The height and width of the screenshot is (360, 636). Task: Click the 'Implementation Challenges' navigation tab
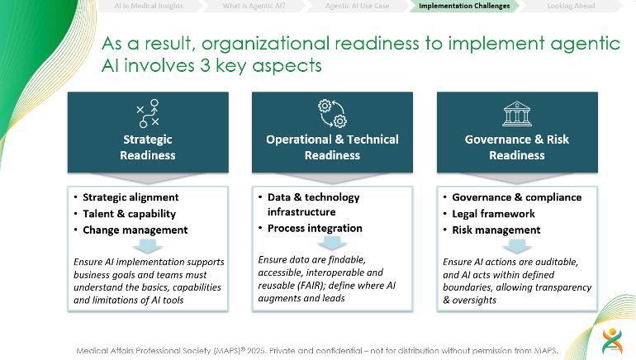464,6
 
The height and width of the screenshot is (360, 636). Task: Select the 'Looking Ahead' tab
571,6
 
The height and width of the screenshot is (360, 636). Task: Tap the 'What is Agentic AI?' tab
254,6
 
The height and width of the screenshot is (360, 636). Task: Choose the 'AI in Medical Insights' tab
149,6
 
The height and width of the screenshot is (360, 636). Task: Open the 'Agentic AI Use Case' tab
357,6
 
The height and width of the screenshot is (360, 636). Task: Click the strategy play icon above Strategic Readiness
148,113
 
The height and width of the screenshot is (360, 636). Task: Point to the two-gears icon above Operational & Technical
332,113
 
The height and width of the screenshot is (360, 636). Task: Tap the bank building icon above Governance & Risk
517,114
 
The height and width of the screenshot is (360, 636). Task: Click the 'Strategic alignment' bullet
131,197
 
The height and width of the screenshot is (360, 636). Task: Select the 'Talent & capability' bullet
130,214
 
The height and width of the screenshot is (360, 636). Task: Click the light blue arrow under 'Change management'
148,246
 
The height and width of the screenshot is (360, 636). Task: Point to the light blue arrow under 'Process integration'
332,243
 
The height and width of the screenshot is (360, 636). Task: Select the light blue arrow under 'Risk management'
517,246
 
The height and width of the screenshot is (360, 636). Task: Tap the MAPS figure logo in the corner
612,341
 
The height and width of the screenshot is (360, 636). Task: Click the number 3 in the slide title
205,65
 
